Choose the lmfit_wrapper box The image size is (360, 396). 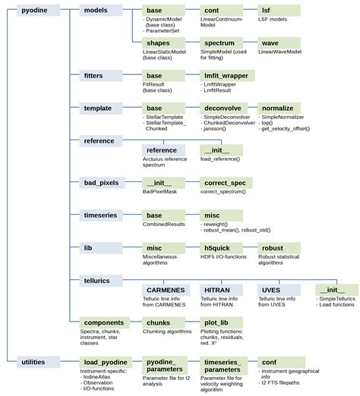point(225,77)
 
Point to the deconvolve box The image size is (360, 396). point(225,109)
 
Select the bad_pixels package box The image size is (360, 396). point(100,183)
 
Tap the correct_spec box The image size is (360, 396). point(225,183)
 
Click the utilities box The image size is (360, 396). point(33,363)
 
